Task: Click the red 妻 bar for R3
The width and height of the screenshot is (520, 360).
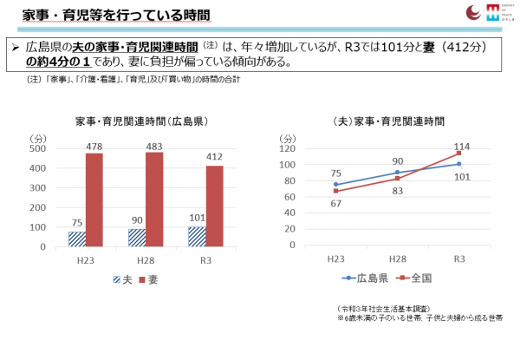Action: click(x=213, y=206)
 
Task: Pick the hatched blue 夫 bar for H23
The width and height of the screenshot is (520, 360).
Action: click(x=77, y=239)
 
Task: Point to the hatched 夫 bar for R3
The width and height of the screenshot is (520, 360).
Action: click(x=197, y=236)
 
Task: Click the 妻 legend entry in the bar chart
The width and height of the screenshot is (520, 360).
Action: click(x=148, y=279)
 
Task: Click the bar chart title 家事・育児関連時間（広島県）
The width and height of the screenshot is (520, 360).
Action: click(x=141, y=121)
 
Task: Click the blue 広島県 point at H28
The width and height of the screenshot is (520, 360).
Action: click(x=396, y=173)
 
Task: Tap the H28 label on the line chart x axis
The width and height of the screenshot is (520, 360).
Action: click(x=396, y=259)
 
